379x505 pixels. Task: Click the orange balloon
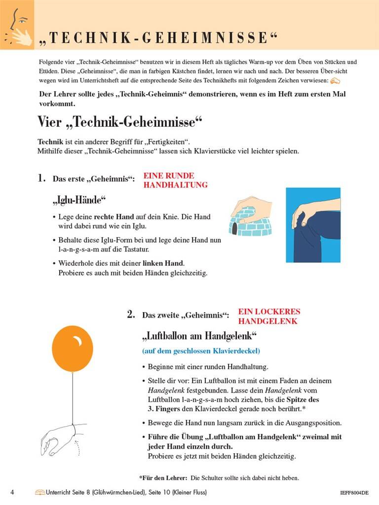(x=72, y=350)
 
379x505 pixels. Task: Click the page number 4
(x=12, y=492)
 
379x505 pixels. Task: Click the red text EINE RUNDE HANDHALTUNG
(x=175, y=180)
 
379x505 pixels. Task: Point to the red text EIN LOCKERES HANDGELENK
(x=269, y=317)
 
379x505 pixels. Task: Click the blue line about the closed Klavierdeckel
(x=201, y=351)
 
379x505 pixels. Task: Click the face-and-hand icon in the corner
(x=17, y=25)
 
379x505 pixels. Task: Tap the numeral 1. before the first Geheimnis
(x=42, y=178)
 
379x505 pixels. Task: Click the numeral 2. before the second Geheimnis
(x=131, y=314)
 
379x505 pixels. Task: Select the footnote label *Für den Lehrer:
(x=163, y=478)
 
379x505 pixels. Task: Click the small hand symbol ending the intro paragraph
(x=335, y=80)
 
